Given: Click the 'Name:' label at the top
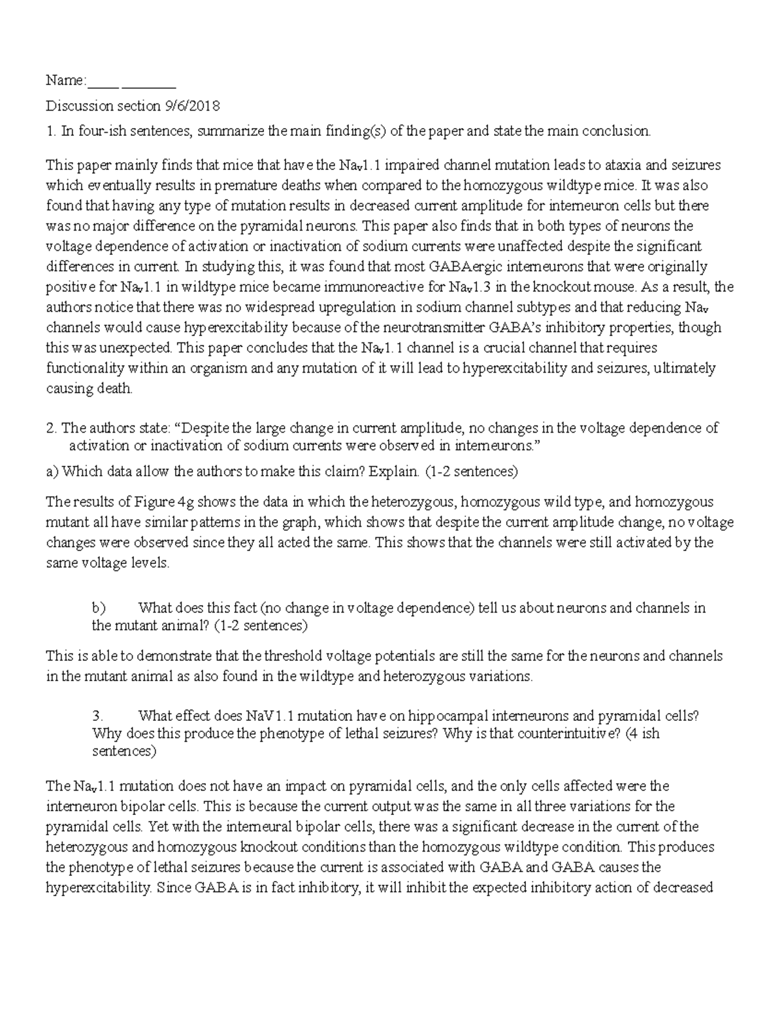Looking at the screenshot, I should [65, 80].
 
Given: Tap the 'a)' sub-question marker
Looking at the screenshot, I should [52, 471].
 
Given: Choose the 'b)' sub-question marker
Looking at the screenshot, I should [98, 608].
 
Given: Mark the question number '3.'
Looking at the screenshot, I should [99, 716].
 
